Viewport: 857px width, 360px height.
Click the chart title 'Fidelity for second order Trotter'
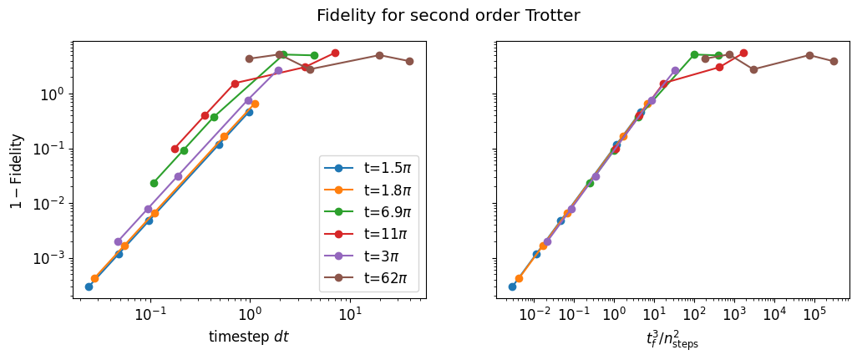coord(448,15)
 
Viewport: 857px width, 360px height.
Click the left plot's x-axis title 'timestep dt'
coord(248,337)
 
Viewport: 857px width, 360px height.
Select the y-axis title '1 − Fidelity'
coord(16,170)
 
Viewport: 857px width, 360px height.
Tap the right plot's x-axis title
coord(672,338)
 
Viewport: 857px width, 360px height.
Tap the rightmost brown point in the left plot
coord(409,61)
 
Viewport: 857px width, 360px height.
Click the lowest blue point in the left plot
coord(89,286)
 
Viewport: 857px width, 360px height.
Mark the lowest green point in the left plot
coord(154,183)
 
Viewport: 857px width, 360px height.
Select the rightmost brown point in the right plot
coord(834,61)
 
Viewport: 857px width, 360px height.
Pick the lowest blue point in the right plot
coord(512,286)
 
